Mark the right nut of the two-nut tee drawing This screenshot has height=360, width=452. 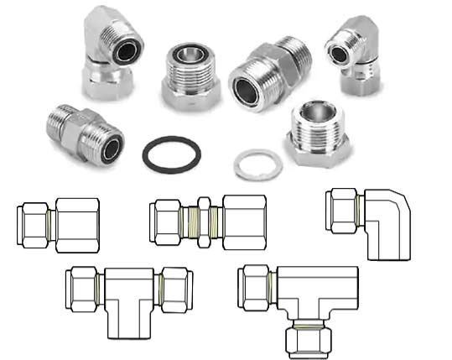point(177,289)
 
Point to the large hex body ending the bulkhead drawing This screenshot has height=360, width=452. point(245,223)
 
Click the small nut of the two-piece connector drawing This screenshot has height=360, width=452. point(34,223)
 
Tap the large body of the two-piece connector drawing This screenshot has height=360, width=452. point(77,224)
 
